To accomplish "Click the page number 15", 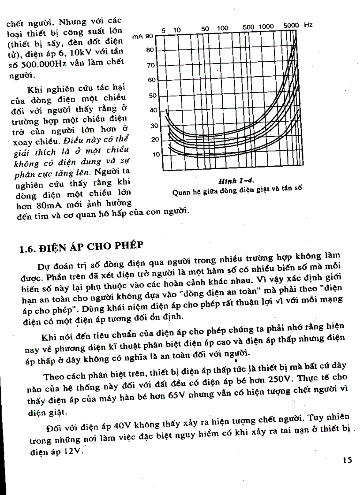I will (x=347, y=460).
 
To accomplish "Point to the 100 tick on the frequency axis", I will (x=222, y=28).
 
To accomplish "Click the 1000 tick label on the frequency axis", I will (x=266, y=27).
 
